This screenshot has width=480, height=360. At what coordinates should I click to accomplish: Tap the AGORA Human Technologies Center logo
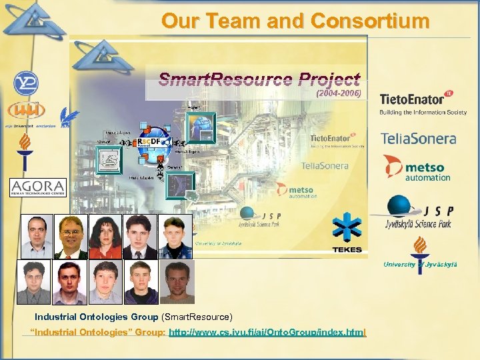[x=38, y=187]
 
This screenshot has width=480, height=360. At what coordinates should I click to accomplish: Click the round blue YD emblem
[x=26, y=83]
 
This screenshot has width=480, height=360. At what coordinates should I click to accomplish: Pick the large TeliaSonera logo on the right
[x=418, y=139]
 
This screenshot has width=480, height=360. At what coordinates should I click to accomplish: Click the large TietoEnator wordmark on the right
[x=412, y=100]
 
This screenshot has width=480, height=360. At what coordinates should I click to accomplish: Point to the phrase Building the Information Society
[x=423, y=113]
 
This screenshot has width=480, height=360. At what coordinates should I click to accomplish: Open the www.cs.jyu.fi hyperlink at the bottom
[x=267, y=332]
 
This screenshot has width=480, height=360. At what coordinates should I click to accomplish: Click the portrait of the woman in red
[x=105, y=237]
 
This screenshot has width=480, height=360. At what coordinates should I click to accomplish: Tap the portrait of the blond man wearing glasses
[x=71, y=237]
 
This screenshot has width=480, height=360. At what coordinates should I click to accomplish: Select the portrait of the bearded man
[x=176, y=282]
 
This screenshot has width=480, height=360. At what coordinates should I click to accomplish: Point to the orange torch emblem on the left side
[x=25, y=148]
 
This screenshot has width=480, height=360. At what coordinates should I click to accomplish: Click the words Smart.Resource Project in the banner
[x=259, y=81]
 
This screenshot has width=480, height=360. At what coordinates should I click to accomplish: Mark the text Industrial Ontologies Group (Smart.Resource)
[x=133, y=316]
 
